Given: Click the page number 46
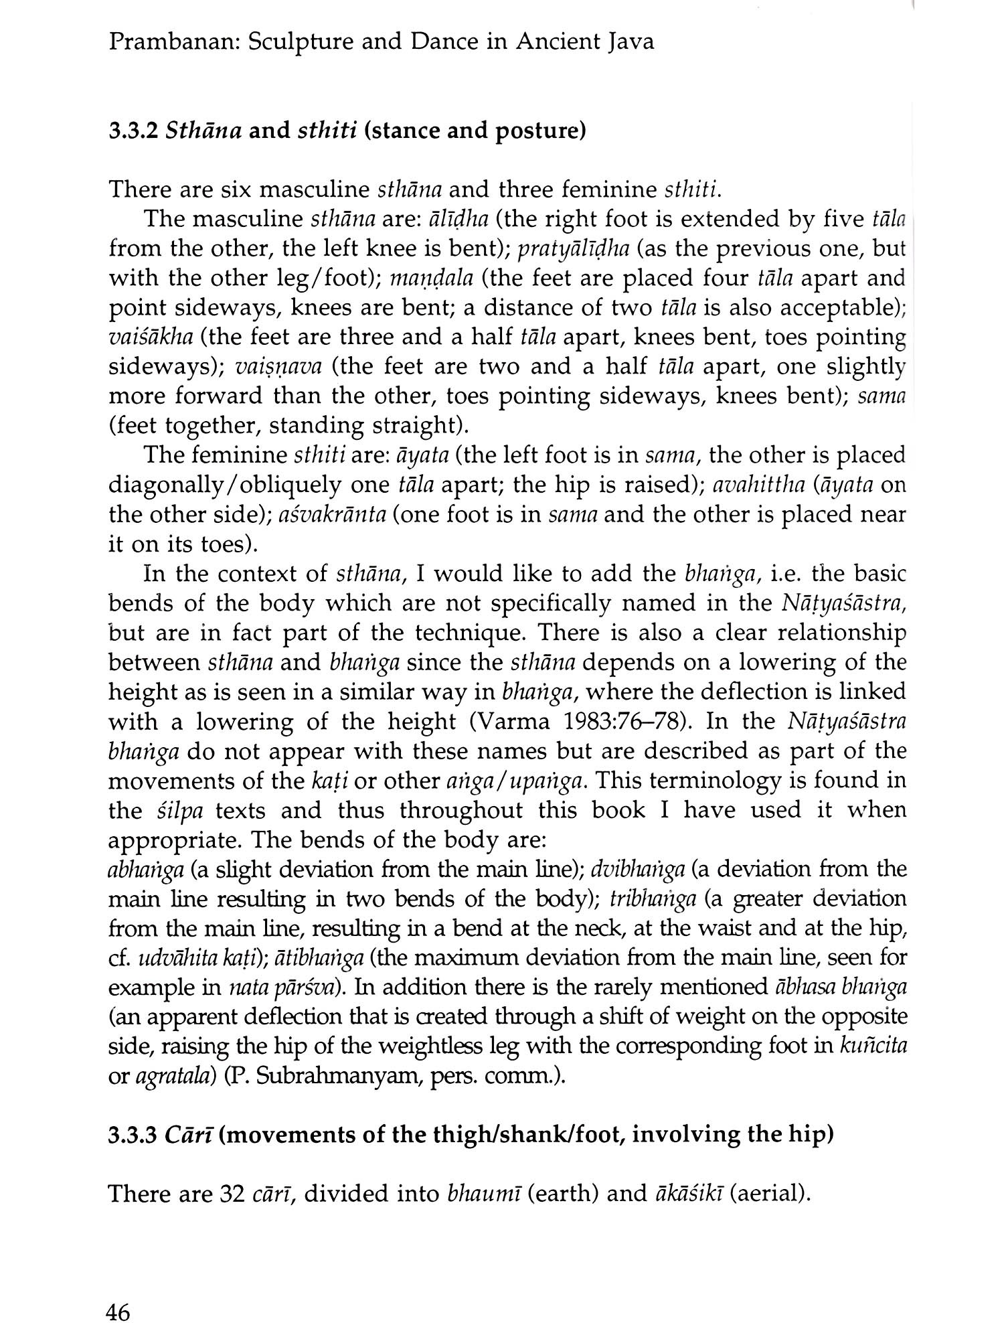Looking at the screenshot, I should (118, 1313).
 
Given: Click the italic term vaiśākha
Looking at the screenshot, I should (153, 337).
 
